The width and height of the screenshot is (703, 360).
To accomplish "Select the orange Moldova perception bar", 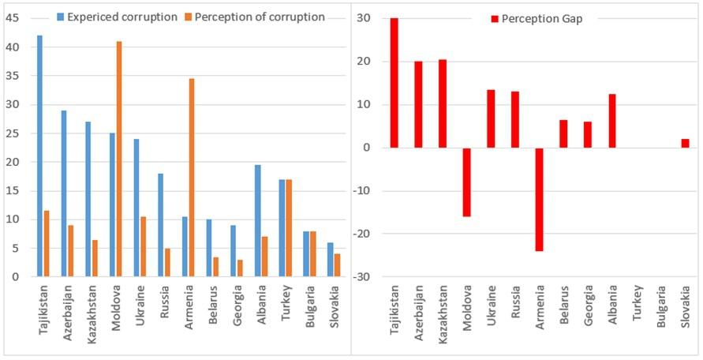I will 119,159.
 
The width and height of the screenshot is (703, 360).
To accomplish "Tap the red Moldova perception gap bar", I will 466,182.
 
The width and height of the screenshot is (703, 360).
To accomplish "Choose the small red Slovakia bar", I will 685,143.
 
